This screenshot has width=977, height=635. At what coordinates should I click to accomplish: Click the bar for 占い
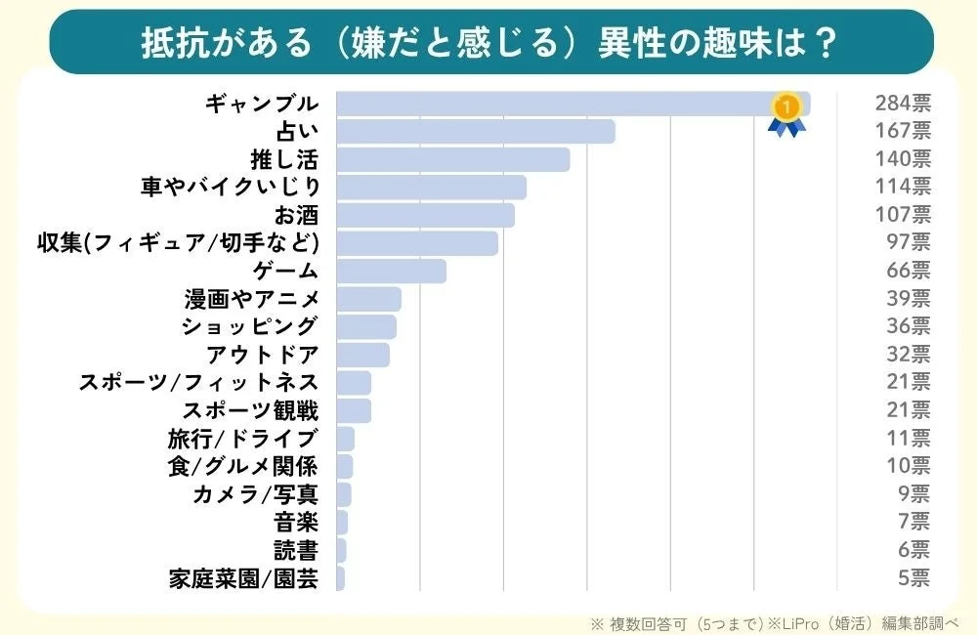tap(475, 131)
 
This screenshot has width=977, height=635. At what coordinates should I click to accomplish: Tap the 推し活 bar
tap(452, 159)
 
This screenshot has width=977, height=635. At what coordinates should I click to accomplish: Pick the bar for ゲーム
tap(391, 271)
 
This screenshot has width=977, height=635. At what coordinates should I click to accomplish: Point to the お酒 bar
tap(425, 215)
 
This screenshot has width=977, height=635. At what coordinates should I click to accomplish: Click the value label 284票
tap(903, 104)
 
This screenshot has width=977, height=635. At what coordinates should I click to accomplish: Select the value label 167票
tap(903, 131)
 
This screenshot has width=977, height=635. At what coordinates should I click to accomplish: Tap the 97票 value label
tap(910, 242)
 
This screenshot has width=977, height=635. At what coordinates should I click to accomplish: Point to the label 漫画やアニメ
tap(251, 298)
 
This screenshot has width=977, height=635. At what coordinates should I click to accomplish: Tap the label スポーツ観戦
tap(250, 410)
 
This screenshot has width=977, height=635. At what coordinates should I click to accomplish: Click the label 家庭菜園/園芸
tap(243, 578)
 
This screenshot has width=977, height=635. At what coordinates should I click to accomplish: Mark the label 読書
tap(296, 550)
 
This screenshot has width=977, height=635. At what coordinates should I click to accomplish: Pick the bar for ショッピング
tap(366, 326)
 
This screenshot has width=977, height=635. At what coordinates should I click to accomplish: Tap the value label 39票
tap(910, 298)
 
